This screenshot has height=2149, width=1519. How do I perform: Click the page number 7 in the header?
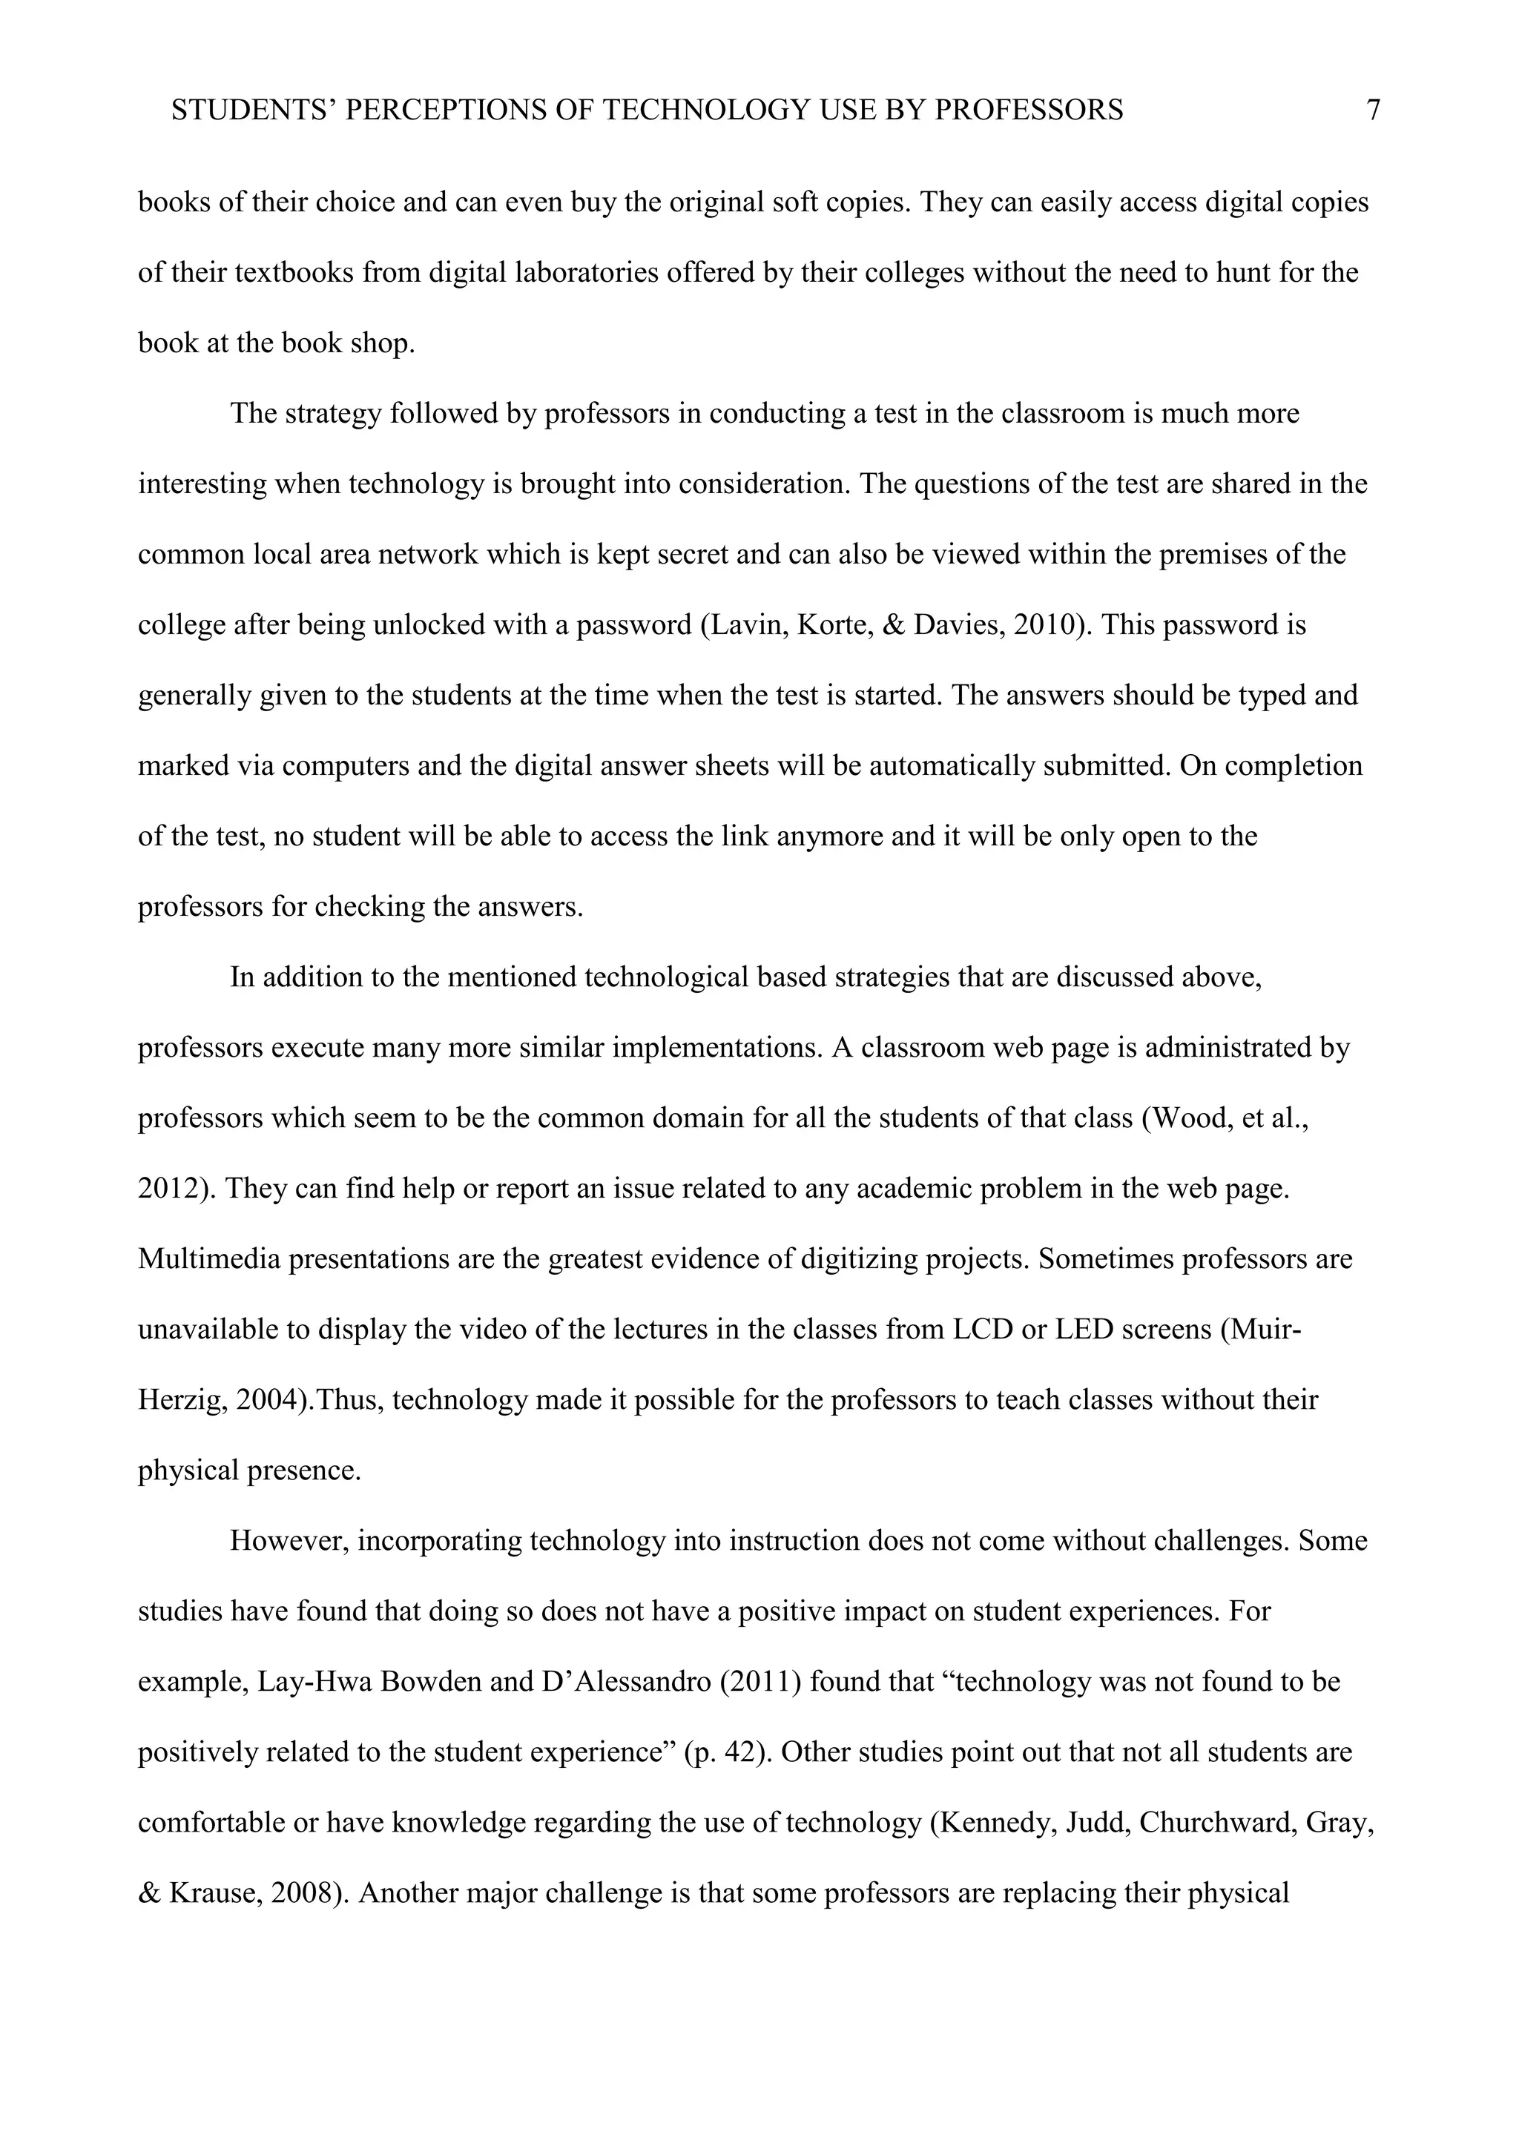pyautogui.click(x=1373, y=110)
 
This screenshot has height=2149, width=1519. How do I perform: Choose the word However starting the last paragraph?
pyautogui.click(x=289, y=1542)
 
